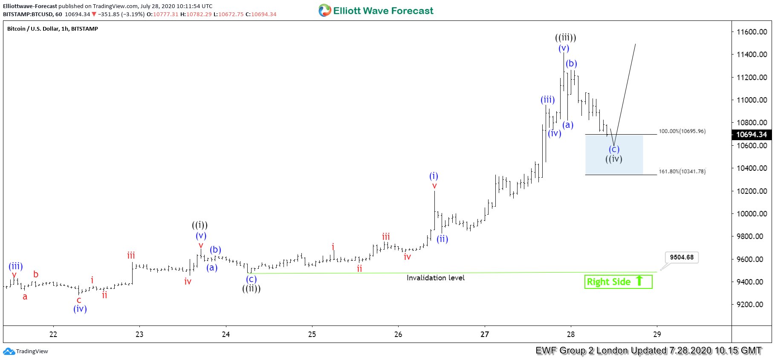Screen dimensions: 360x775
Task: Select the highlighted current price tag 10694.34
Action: pos(752,135)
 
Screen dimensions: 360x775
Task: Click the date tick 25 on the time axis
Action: pos(312,334)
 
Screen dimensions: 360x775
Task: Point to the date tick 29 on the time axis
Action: pos(657,334)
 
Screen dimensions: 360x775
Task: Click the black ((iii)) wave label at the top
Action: pos(565,37)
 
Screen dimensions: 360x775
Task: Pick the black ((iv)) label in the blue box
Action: pos(614,159)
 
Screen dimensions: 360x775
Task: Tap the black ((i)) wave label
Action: pos(200,225)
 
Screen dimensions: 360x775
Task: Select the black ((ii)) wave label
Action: pos(252,288)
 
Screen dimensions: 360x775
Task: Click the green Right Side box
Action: pos(618,282)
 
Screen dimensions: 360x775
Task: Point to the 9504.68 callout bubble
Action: pos(681,257)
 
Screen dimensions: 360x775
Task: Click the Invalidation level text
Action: pos(435,278)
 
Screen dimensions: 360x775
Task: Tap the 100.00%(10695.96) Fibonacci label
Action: pos(682,131)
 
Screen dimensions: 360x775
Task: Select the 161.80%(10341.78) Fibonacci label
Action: pos(682,171)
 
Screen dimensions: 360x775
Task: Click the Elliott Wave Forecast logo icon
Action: pos(325,11)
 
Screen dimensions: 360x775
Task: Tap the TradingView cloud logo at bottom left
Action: pos(9,351)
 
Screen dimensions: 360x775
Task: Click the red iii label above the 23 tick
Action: pos(131,256)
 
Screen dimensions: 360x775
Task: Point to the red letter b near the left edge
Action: pos(36,274)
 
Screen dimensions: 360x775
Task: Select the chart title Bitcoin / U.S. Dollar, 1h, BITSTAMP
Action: pos(52,29)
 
